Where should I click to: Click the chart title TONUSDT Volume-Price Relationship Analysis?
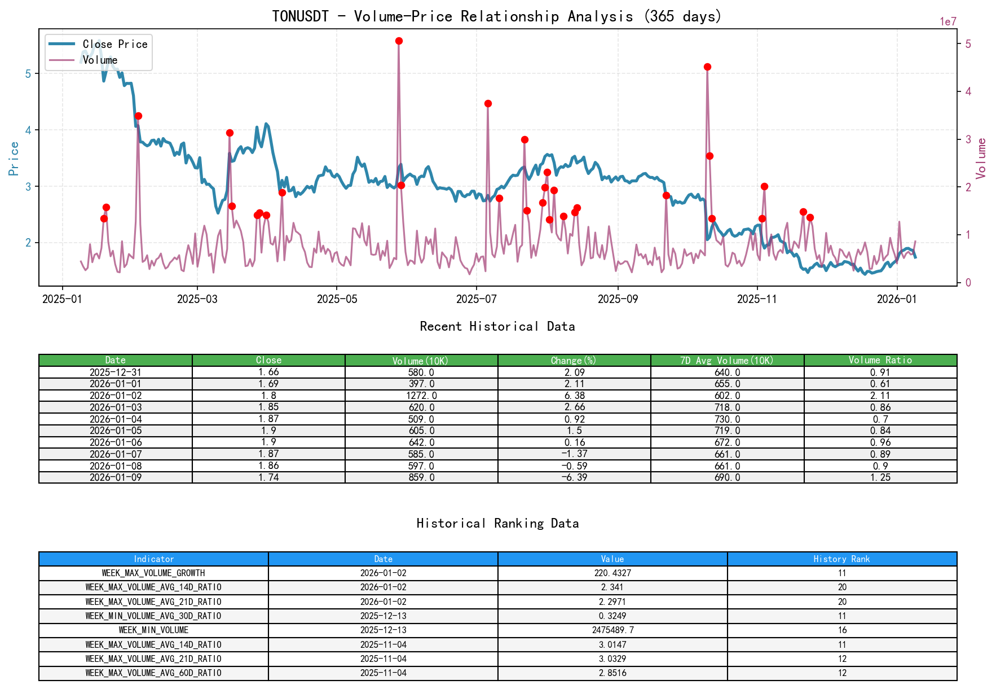point(496,16)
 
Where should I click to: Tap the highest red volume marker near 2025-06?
point(399,41)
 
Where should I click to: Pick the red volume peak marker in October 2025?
point(707,67)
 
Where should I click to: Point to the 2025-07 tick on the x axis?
point(477,299)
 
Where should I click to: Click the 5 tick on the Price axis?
point(28,74)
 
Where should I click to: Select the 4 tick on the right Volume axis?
point(968,91)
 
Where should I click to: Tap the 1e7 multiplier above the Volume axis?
point(947,22)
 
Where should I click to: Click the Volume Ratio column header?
point(880,360)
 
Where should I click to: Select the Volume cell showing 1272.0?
point(421,396)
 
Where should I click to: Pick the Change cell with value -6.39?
point(574,477)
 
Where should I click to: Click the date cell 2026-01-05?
point(116,431)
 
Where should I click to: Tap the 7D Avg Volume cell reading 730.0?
point(727,419)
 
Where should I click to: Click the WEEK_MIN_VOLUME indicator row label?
point(153,630)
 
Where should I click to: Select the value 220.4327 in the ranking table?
point(612,573)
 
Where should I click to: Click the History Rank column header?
point(841,559)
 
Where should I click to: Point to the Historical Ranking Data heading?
point(497,523)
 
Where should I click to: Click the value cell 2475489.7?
point(612,630)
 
